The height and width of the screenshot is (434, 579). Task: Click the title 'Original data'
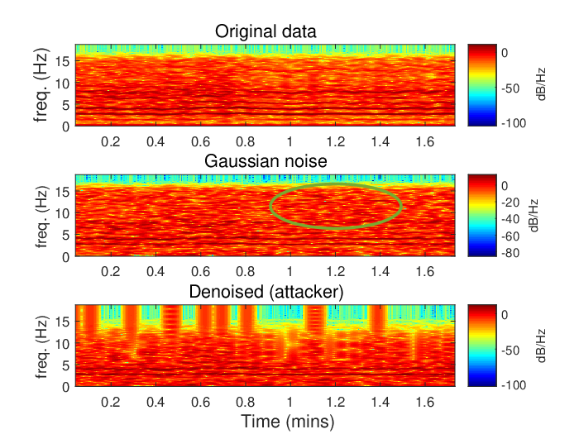coord(266,31)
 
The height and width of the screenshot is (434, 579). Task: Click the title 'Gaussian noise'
coord(266,161)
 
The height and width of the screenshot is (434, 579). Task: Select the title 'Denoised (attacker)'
coord(266,292)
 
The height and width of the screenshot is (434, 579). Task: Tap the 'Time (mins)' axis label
coord(288,422)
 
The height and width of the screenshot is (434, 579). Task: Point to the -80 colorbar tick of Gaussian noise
coord(510,253)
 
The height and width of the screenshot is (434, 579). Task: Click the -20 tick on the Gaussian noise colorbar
coord(510,203)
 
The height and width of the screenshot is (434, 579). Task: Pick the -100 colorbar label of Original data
coord(514,123)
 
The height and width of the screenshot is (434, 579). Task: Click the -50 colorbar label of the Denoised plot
coord(510,351)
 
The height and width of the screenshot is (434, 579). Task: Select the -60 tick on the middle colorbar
coord(510,236)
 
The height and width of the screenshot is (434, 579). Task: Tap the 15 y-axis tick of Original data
coord(62,62)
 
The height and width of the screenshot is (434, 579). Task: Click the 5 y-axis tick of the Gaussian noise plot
coord(65,235)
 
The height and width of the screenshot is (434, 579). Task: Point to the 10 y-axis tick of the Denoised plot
coord(62,344)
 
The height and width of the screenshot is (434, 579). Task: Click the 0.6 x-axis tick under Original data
coord(200,141)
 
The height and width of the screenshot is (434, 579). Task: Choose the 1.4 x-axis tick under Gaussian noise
coord(380,272)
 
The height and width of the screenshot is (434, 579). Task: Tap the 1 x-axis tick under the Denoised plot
coord(289,402)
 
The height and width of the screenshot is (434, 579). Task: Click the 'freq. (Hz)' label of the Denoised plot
coord(41,346)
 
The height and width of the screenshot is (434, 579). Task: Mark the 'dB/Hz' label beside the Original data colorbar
coord(541,84)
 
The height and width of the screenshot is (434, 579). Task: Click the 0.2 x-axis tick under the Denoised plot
coord(110,402)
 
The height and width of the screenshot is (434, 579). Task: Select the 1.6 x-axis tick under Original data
coord(425,141)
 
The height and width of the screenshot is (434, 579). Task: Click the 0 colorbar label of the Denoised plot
coord(505,315)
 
